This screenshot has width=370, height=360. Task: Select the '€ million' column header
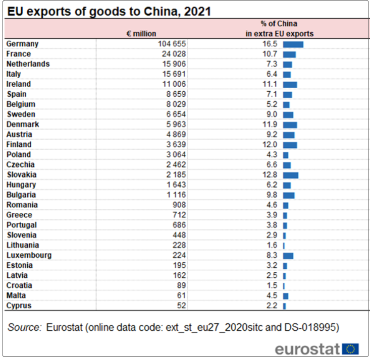click(141, 34)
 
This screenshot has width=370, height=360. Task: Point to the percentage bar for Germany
click(293, 44)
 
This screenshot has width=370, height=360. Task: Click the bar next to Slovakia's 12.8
click(291, 175)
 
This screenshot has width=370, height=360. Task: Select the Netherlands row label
click(28, 64)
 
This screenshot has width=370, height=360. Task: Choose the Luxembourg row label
click(29, 255)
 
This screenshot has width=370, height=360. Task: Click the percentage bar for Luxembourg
click(288, 256)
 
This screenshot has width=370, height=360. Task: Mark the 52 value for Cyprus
click(182, 306)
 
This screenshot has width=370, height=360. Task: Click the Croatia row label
click(20, 285)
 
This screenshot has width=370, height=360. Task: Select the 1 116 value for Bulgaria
click(176, 195)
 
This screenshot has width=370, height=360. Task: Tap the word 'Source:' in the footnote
click(24, 327)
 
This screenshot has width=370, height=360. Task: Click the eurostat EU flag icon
click(350, 348)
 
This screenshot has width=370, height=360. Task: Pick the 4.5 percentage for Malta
click(272, 295)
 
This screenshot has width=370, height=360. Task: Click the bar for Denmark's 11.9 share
click(290, 125)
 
